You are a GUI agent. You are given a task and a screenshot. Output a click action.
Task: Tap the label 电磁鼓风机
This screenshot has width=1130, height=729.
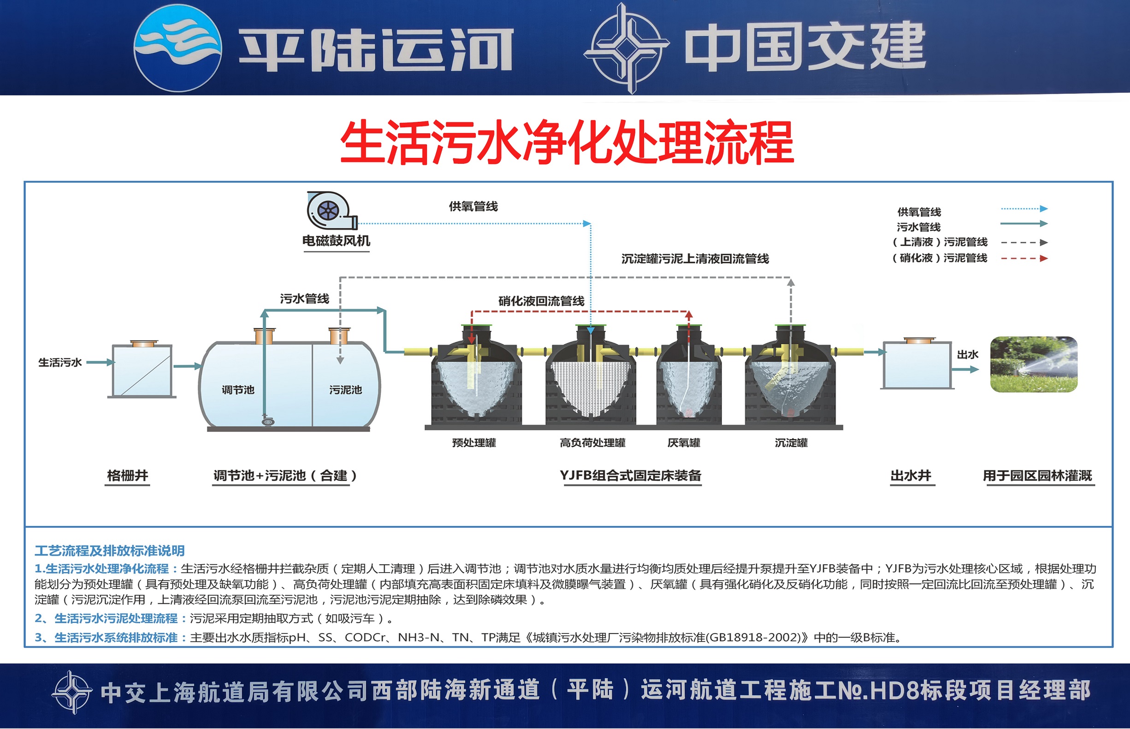(x=336, y=241)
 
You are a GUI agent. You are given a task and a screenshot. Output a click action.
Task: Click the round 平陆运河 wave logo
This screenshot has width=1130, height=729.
(x=178, y=48)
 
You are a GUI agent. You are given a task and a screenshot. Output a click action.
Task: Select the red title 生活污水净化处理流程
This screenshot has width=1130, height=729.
(x=567, y=143)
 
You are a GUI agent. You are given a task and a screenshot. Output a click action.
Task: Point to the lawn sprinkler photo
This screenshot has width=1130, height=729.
(x=1034, y=364)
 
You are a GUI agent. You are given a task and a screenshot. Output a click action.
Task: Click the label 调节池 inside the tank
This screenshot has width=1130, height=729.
(x=238, y=389)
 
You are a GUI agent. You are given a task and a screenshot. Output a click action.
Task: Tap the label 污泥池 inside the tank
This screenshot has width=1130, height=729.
(x=345, y=389)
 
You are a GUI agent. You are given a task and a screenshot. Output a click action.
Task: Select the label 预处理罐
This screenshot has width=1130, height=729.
(x=474, y=442)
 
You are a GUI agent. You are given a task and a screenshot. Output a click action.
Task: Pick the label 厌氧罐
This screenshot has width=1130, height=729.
(x=684, y=442)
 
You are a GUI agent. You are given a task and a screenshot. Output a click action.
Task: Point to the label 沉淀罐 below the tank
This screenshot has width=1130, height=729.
(x=791, y=442)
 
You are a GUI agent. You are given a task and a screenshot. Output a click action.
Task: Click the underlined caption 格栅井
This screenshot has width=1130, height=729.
(x=128, y=475)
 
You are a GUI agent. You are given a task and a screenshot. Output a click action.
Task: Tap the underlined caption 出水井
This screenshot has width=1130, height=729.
(x=911, y=475)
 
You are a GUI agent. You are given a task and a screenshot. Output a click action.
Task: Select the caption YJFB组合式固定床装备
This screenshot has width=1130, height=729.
(x=631, y=475)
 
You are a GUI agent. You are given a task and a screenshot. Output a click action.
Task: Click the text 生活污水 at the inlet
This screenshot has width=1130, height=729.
(x=60, y=363)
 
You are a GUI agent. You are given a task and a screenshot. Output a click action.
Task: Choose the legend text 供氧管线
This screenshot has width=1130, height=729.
(x=919, y=212)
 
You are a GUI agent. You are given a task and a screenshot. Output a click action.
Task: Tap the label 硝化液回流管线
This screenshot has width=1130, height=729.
(x=541, y=301)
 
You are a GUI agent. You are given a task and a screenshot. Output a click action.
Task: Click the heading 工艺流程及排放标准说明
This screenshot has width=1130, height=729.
(x=109, y=550)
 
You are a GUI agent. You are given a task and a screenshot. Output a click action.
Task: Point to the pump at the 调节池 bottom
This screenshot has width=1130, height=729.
(x=268, y=421)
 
